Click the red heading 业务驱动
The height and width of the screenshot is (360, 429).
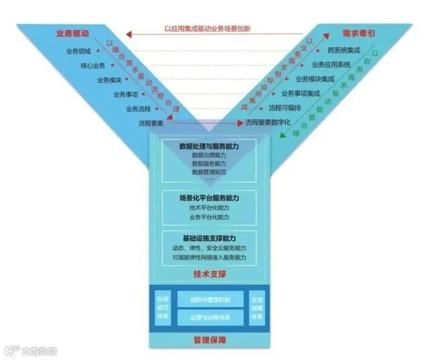click(74, 33)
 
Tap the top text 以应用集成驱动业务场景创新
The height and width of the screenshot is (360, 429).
click(207, 29)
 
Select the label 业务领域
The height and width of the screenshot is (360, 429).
click(78, 51)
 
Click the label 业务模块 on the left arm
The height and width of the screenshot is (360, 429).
click(109, 80)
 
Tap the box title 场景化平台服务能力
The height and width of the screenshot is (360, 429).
click(209, 198)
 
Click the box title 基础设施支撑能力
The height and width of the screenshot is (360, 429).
click(209, 238)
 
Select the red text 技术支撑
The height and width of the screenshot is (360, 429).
click(209, 274)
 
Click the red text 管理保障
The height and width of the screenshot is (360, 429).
click(209, 341)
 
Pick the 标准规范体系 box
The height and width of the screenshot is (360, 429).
click(163, 307)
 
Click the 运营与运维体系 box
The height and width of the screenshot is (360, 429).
click(210, 317)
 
